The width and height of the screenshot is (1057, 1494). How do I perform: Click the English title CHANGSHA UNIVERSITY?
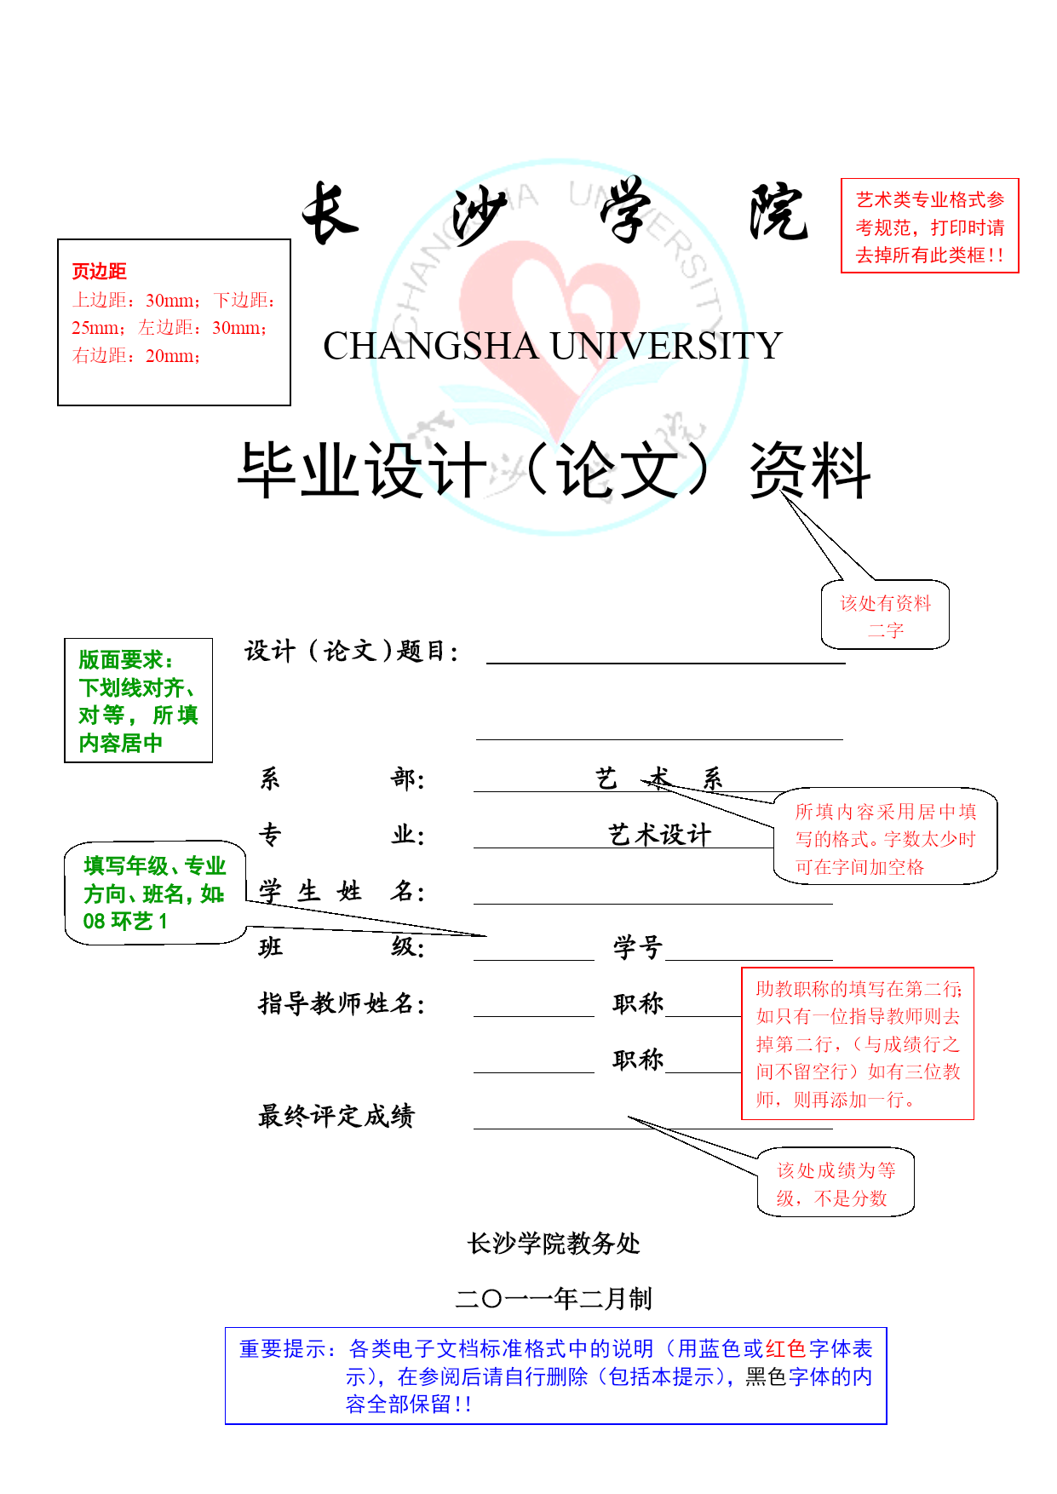pos(552,346)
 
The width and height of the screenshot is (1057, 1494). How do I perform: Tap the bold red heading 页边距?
pos(99,272)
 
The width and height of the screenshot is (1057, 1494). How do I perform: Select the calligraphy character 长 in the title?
pos(330,213)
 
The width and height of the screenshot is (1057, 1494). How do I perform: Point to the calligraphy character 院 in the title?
pos(778,212)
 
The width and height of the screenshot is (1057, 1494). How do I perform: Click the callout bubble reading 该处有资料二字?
pos(885,616)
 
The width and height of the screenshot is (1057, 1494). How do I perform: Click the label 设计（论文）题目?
pos(352,652)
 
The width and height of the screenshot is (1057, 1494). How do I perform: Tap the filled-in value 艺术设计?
pos(659,835)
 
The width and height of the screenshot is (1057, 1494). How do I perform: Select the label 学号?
pos(638,947)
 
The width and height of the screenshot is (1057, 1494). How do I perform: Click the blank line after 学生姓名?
pos(653,904)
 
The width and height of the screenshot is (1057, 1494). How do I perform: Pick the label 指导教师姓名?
pos(342,1003)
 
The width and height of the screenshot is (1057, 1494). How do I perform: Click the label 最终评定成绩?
pos(336,1116)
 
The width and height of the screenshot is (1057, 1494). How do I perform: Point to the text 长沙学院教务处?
pos(554,1244)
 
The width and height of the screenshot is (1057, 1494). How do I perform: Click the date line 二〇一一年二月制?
pos(554,1299)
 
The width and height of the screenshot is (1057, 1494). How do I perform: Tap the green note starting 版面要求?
pos(138,700)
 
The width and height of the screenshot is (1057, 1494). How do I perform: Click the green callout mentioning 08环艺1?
pos(155,893)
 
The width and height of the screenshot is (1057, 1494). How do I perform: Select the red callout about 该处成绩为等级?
pos(836,1182)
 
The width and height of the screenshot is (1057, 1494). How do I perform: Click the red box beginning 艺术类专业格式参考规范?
pos(929,226)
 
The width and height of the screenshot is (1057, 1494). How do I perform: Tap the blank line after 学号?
pos(749,960)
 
